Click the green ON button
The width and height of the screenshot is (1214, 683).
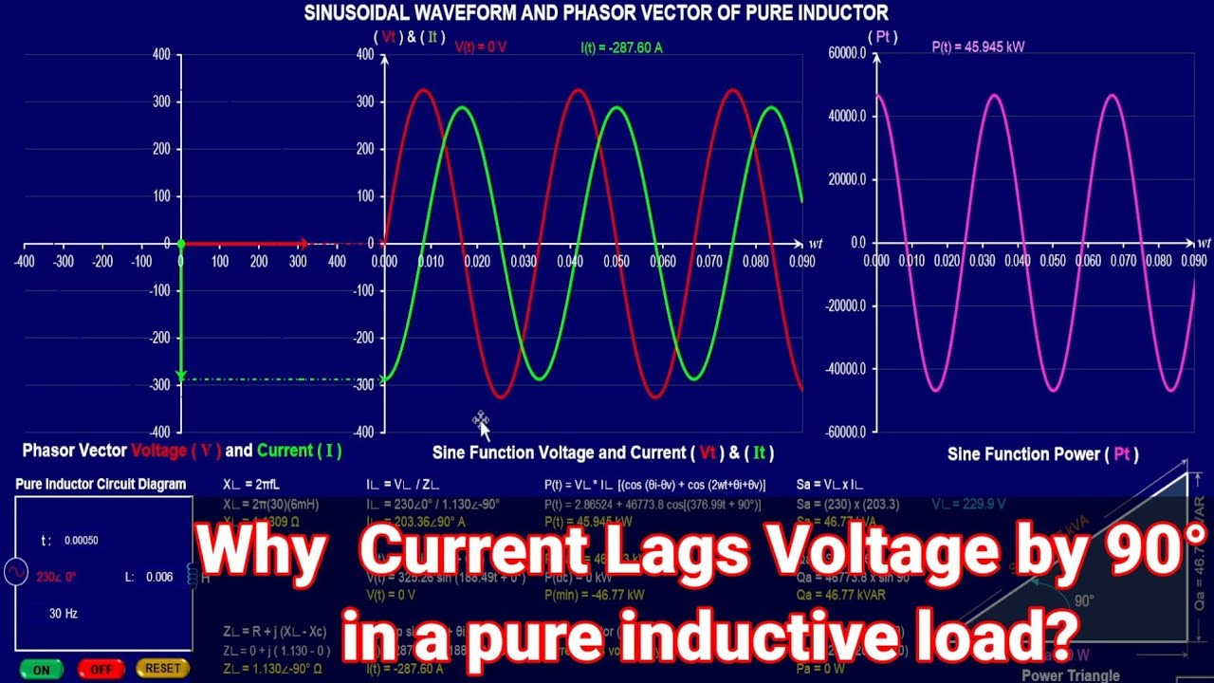[42, 669]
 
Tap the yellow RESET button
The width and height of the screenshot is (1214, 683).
[162, 669]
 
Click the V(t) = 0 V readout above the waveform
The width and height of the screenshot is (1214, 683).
[481, 46]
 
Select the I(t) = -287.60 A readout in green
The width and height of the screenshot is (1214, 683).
[621, 46]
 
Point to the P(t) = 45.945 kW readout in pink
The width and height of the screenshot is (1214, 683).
[978, 46]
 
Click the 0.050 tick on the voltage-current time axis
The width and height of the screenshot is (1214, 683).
[616, 261]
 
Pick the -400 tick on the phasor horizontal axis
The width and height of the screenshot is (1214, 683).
[24, 261]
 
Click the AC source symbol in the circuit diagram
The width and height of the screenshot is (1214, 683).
[16, 572]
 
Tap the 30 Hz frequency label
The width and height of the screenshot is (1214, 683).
[64, 614]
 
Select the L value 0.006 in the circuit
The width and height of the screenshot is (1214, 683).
[159, 577]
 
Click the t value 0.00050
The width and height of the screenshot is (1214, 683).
[82, 541]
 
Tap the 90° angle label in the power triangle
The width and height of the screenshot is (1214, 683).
[1084, 600]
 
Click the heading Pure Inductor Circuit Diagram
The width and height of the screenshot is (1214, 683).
[101, 484]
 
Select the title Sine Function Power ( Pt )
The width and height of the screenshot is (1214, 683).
[1042, 454]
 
